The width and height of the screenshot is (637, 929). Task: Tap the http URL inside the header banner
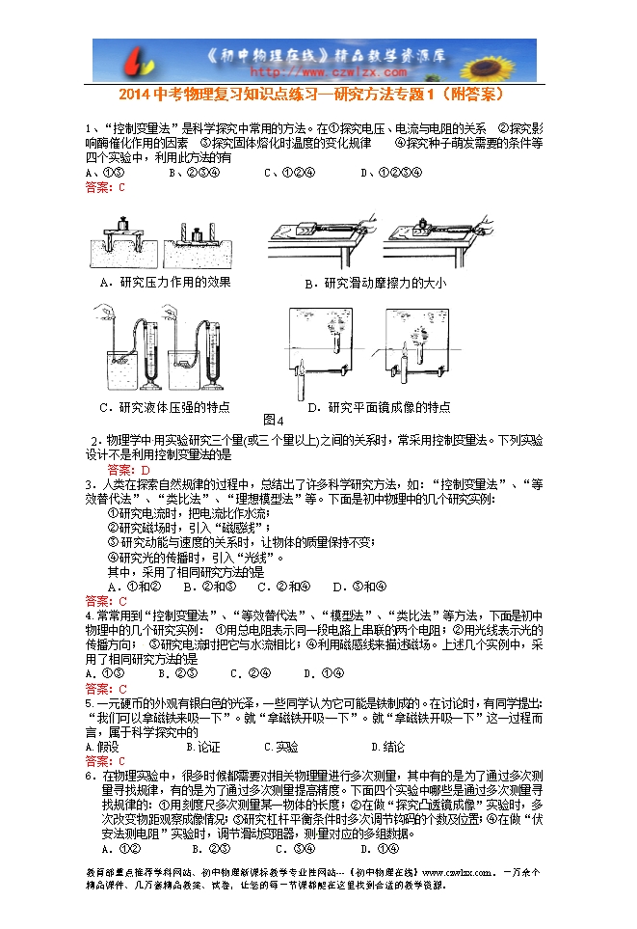[312, 70]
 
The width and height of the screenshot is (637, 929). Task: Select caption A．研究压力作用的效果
[166, 282]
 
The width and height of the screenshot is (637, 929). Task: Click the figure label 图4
[273, 421]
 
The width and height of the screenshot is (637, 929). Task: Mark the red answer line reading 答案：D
[129, 470]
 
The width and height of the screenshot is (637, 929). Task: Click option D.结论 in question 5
[387, 747]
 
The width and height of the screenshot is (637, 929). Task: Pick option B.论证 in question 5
[203, 747]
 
